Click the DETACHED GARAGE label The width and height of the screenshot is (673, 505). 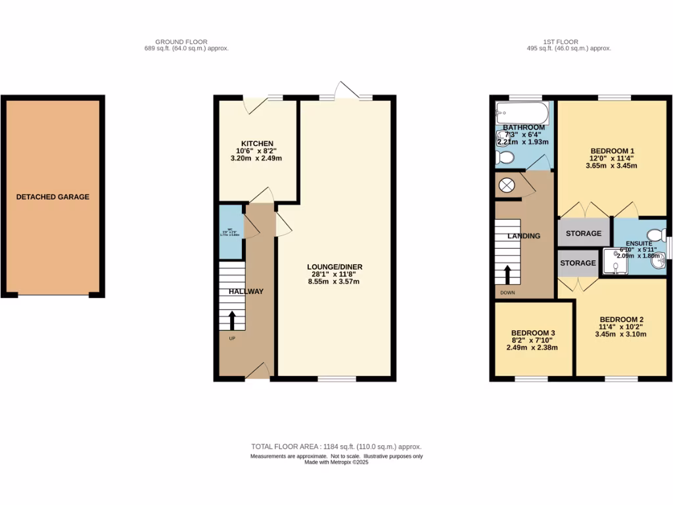53,197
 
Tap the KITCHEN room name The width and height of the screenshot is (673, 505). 257,143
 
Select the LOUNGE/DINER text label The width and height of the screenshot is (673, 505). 335,266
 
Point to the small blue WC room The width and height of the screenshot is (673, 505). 230,232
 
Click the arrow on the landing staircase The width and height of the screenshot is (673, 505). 507,274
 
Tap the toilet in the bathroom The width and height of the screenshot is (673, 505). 505,158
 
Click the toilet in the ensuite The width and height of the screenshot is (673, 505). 655,235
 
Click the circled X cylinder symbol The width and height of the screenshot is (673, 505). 507,185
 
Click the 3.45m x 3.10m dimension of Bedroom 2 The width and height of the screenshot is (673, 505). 620,334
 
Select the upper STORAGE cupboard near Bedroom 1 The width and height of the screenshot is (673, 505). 583,233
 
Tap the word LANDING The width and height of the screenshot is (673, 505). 524,236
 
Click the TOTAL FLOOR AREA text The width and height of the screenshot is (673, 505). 336,446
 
